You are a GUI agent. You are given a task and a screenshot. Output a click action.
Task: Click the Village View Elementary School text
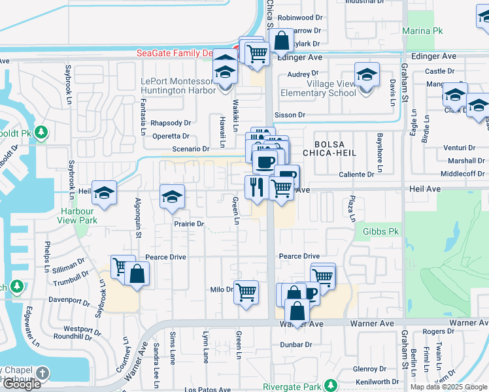(x=318, y=88)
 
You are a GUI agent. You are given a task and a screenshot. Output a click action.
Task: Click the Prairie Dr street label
(x=189, y=224)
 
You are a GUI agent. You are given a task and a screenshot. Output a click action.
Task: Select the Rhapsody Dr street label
(x=170, y=122)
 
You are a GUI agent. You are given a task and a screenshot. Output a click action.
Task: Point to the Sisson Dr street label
(x=292, y=115)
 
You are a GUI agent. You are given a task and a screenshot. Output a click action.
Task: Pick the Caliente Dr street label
(x=356, y=174)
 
